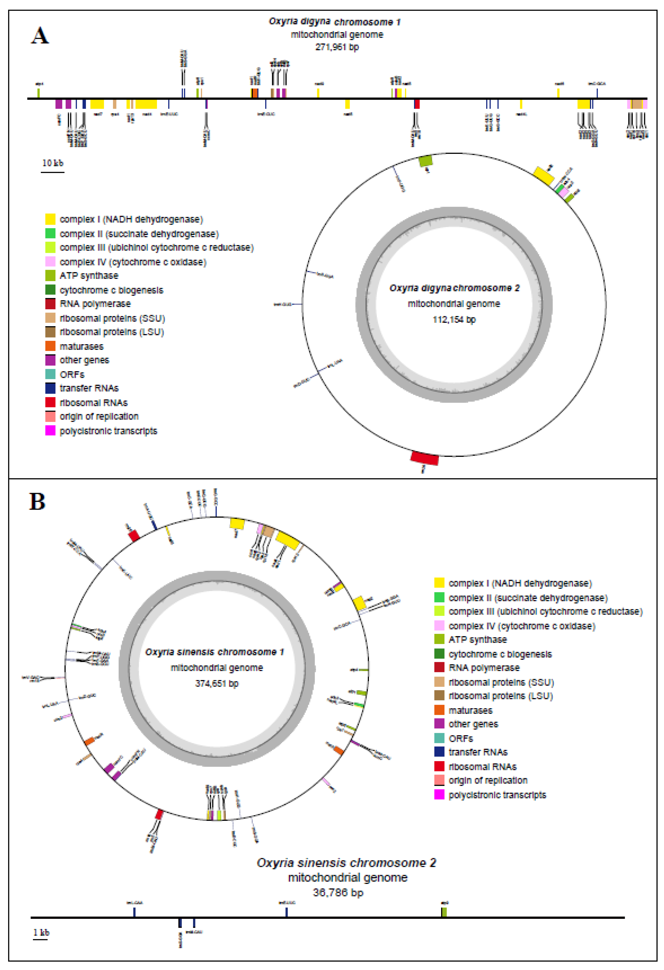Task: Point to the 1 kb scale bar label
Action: pos(41,932)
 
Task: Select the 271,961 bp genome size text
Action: pos(337,47)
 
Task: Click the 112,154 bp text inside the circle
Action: pos(454,320)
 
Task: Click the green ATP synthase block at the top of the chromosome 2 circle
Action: pos(425,161)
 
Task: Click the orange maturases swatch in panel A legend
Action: pos(50,346)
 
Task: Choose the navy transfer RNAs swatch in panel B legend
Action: pos(439,752)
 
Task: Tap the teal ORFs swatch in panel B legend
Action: pos(439,738)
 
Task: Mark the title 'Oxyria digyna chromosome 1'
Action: pos(334,22)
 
